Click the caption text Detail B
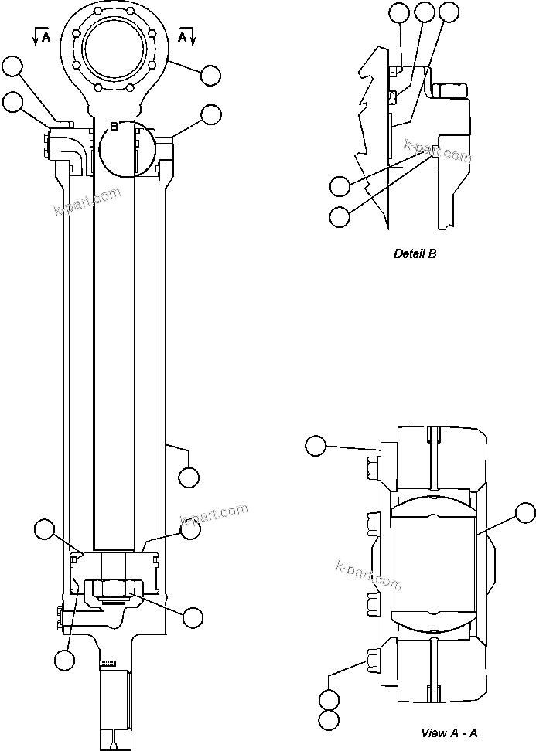tap(415, 253)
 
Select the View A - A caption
tap(449, 732)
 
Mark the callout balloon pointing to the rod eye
tap(210, 75)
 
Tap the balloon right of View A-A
tap(525, 512)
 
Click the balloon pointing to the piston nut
tap(193, 617)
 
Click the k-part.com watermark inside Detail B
tap(437, 150)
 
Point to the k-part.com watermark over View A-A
tap(369, 573)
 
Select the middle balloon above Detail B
tap(424, 12)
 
